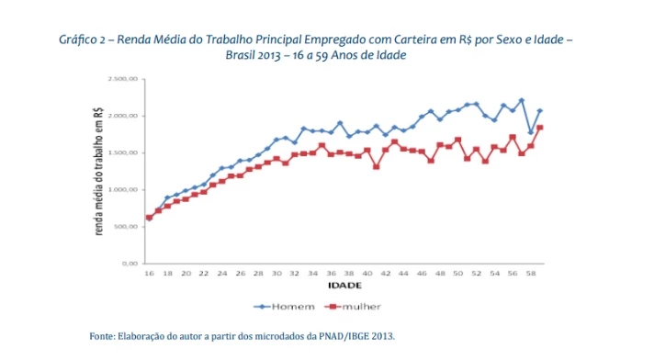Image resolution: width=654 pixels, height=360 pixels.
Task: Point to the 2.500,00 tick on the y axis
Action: pyautogui.click(x=121, y=80)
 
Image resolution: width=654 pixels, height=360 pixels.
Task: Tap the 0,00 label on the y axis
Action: pyautogui.click(x=129, y=264)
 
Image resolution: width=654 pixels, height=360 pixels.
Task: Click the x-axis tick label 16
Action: pyautogui.click(x=149, y=274)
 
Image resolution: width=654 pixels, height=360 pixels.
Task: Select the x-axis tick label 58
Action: pyautogui.click(x=530, y=274)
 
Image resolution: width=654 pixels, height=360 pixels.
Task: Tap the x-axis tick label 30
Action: pyautogui.click(x=276, y=274)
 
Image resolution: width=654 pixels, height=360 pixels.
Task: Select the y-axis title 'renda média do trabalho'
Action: pyautogui.click(x=98, y=171)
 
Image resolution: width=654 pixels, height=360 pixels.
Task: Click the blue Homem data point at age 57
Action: pyautogui.click(x=521, y=100)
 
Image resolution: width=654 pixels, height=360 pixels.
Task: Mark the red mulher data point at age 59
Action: pyautogui.click(x=539, y=128)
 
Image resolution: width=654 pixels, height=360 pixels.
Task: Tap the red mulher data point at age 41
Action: pyautogui.click(x=376, y=166)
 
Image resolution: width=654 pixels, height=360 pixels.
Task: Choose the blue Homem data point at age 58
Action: pyautogui.click(x=530, y=132)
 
